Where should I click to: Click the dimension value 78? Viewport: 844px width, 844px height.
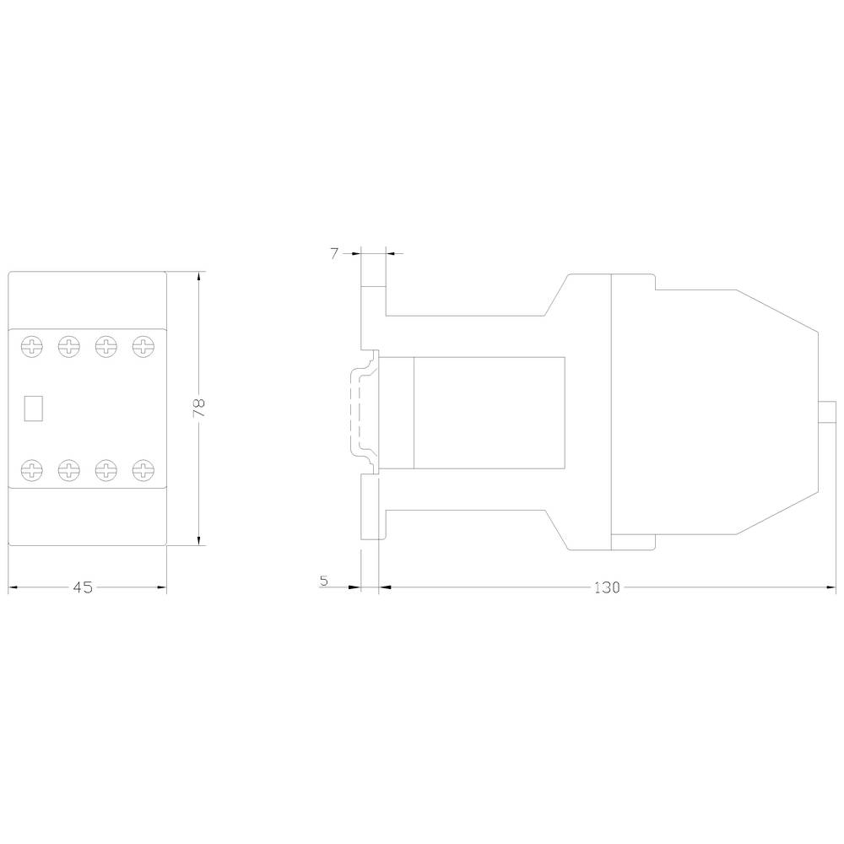coord(199,408)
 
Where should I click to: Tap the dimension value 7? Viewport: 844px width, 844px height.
coord(334,253)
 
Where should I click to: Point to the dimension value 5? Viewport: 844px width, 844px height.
coord(324,581)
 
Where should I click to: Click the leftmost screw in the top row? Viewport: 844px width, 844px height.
coord(31,345)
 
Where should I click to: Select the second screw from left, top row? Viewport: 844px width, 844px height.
coord(68,345)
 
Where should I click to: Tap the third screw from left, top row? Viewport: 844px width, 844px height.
coord(105,345)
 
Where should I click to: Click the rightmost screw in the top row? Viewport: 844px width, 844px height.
coord(143,345)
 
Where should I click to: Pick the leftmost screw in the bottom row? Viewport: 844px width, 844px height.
coord(31,469)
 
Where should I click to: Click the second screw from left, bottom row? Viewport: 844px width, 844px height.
coord(68,469)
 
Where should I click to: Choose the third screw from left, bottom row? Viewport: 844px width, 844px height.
coord(105,469)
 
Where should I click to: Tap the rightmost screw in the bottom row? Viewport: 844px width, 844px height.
coord(143,469)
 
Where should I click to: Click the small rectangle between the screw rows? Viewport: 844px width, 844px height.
coord(33,408)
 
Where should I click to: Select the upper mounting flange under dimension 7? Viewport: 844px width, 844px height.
coord(373,312)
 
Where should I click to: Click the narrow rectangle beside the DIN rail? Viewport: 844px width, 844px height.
coord(397,412)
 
